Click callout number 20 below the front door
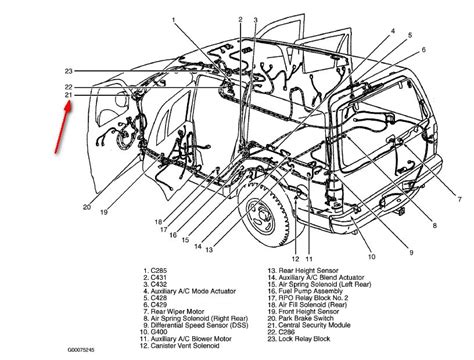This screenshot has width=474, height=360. tap(86, 207)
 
